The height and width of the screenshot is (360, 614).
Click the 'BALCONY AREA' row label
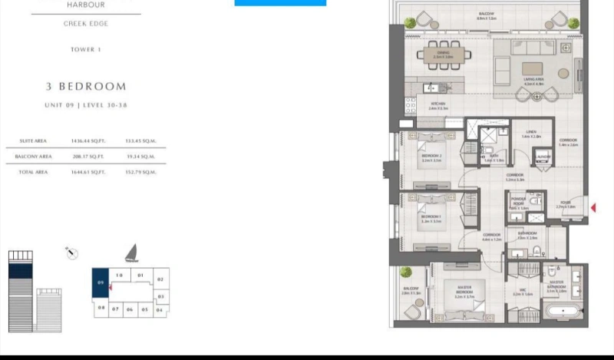click(x=31, y=157)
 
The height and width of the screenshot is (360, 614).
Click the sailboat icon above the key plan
click(x=131, y=253)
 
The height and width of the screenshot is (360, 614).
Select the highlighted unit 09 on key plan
click(x=101, y=284)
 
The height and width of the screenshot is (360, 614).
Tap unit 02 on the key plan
click(x=160, y=279)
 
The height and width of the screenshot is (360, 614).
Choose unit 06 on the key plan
click(x=130, y=309)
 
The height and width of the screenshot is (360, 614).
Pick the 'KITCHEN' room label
click(x=438, y=106)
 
